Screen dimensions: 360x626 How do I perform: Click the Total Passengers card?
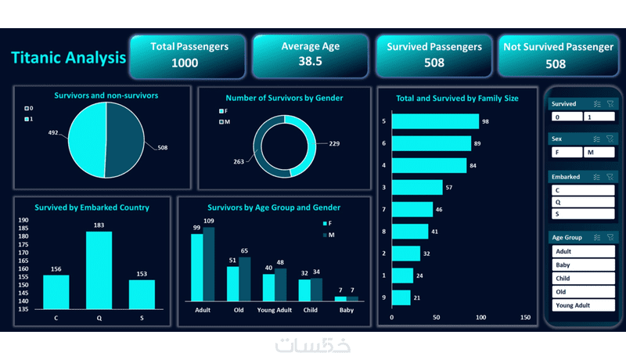click(x=189, y=55)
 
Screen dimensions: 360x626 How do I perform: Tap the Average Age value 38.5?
click(x=311, y=61)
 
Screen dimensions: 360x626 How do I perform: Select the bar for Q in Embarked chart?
click(x=99, y=269)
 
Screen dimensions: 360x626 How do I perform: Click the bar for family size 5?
click(x=434, y=121)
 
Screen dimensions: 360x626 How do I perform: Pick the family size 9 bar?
click(x=401, y=297)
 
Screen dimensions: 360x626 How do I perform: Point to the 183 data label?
click(x=99, y=225)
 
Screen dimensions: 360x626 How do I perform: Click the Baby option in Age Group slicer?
click(x=583, y=265)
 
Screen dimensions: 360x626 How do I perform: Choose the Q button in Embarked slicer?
click(x=583, y=202)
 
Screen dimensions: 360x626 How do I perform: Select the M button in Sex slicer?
click(x=599, y=153)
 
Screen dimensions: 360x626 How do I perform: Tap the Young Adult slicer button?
click(x=583, y=305)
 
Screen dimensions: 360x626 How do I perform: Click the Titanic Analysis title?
click(x=68, y=57)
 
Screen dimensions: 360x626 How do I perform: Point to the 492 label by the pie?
click(x=53, y=132)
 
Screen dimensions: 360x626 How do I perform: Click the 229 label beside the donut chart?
click(x=334, y=143)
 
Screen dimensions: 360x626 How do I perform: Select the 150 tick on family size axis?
click(x=525, y=318)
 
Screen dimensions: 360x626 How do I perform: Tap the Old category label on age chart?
click(x=239, y=310)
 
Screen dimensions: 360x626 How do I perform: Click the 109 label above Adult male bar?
click(x=208, y=221)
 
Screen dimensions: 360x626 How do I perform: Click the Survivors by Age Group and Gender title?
click(x=273, y=207)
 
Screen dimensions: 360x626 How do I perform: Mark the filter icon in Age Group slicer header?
click(x=610, y=237)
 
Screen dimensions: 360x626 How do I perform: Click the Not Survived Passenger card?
click(x=558, y=55)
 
